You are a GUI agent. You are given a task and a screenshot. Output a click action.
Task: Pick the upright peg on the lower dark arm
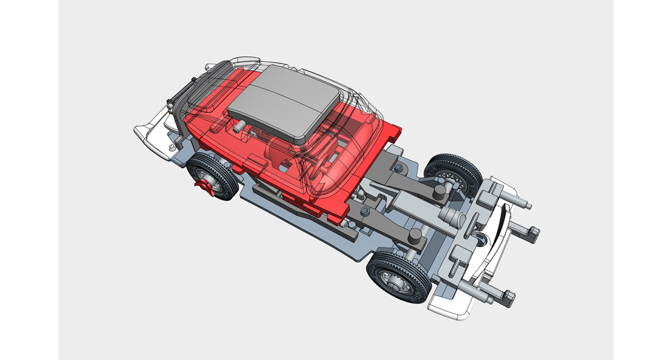[413, 238]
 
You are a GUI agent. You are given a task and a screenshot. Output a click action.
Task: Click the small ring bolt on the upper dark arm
[399, 166]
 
